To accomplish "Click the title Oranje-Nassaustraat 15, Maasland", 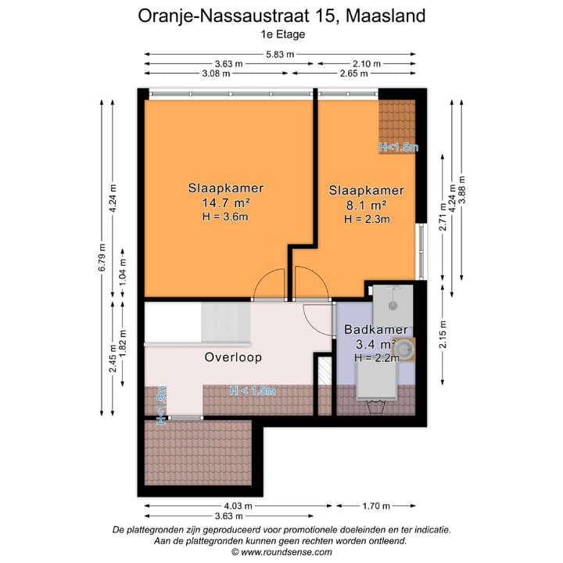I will pyautogui.click(x=281, y=16).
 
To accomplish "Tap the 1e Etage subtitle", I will pyautogui.click(x=282, y=34).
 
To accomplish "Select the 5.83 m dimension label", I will pyautogui.click(x=279, y=54).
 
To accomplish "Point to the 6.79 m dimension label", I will pyautogui.click(x=101, y=258).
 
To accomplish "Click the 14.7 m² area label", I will pyautogui.click(x=225, y=203).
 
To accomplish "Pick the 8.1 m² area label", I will pyautogui.click(x=366, y=205).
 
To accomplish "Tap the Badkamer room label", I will pyautogui.click(x=375, y=330).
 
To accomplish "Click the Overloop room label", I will pyautogui.click(x=233, y=357).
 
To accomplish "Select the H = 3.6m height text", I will pyautogui.click(x=225, y=217).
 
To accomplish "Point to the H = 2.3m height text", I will pyautogui.click(x=366, y=219).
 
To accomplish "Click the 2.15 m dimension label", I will pyautogui.click(x=443, y=335).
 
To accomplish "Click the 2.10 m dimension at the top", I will pyautogui.click(x=366, y=64).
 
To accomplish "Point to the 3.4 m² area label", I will pyautogui.click(x=375, y=344).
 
